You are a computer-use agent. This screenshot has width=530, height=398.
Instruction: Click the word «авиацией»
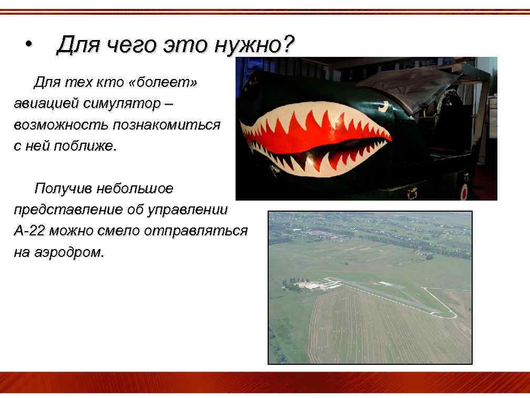click(x=46, y=104)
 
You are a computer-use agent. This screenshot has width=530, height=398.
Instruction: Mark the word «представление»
click(x=68, y=210)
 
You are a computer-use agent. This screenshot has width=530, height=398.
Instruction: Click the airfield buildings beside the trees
click(x=310, y=285)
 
